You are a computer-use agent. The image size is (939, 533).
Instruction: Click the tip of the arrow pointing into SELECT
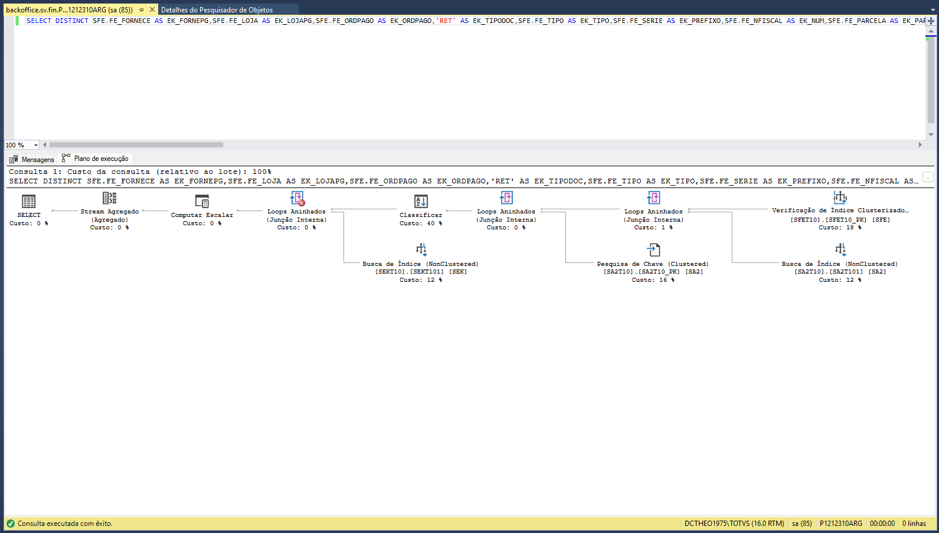pyautogui.click(x=51, y=210)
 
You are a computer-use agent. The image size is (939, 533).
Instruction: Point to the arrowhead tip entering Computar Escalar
pyautogui.click(x=237, y=210)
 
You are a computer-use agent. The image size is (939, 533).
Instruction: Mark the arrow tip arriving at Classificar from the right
pyautogui.click(x=446, y=210)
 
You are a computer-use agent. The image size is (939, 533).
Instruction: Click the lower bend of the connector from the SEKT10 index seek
pyautogui.click(x=343, y=262)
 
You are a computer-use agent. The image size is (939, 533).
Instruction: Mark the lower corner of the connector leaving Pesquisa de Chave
pyautogui.click(x=565, y=262)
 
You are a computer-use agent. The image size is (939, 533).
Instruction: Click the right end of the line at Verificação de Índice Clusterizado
pyautogui.click(x=767, y=209)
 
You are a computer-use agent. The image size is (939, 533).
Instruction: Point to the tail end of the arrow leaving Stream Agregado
pyautogui.click(x=78, y=210)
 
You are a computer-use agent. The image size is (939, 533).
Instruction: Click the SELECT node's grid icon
pyautogui.click(x=28, y=202)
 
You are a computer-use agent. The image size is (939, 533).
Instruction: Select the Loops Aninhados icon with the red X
pyautogui.click(x=297, y=199)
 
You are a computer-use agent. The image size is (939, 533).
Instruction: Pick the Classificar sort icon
pyautogui.click(x=421, y=202)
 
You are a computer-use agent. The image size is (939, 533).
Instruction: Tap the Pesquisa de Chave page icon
pyautogui.click(x=653, y=250)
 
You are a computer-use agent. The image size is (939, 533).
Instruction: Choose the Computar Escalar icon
pyautogui.click(x=202, y=202)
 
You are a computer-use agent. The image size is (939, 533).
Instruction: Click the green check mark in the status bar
pyautogui.click(x=11, y=524)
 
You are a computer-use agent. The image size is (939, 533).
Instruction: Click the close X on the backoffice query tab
pyautogui.click(x=152, y=9)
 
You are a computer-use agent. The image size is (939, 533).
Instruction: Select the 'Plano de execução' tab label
pyautogui.click(x=101, y=159)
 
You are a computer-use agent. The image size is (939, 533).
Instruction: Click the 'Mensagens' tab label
pyautogui.click(x=38, y=160)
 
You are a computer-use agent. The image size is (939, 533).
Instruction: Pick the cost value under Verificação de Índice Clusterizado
pyautogui.click(x=840, y=228)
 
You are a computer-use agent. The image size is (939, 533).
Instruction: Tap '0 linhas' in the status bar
pyautogui.click(x=914, y=524)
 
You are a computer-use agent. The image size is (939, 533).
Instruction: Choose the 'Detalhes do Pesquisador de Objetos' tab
pyautogui.click(x=217, y=9)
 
